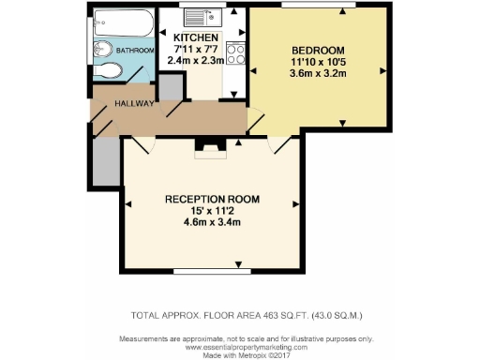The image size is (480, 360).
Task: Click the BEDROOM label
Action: tap(319, 50)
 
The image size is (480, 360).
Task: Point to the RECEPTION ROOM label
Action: tap(212, 200)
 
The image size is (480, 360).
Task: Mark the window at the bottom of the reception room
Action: tap(212, 273)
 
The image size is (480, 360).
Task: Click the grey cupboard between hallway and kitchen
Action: tap(170, 86)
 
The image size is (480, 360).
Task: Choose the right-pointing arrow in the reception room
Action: tap(295, 203)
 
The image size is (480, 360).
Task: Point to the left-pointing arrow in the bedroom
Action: tap(255, 70)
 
